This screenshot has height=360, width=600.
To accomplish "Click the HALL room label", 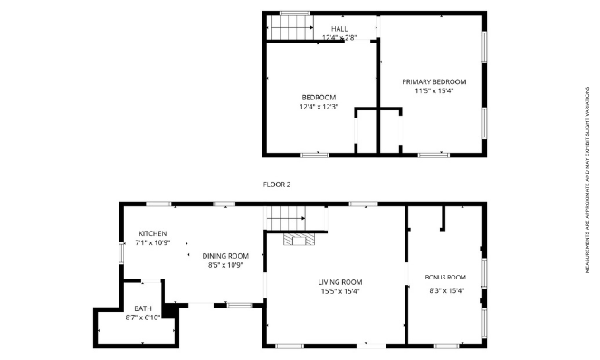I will click(339, 29).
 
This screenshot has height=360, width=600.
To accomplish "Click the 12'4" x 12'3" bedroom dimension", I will click(319, 107).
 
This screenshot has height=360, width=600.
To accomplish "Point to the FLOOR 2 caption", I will click(276, 184).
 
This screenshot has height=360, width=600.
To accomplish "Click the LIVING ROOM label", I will click(340, 281).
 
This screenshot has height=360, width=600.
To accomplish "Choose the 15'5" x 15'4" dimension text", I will click(340, 291).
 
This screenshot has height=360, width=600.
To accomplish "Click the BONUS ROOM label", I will click(445, 277).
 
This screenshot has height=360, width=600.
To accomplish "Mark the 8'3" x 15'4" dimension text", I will click(445, 290).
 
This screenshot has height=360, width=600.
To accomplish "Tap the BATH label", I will click(143, 308).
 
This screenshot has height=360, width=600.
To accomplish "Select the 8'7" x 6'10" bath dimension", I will click(143, 317).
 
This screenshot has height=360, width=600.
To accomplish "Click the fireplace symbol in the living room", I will click(297, 241).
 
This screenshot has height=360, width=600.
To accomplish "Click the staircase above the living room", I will click(286, 219).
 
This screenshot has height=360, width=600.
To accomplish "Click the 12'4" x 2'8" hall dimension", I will click(339, 38).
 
